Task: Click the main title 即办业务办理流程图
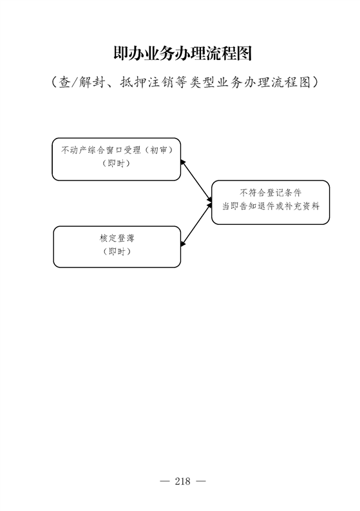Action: [x=183, y=53]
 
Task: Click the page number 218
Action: [x=182, y=481]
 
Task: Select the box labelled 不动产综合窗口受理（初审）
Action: [x=117, y=159]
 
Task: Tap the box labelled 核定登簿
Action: [x=117, y=247]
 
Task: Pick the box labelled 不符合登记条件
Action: [x=270, y=202]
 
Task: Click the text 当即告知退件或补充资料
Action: [x=270, y=206]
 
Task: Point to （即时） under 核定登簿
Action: [x=117, y=251]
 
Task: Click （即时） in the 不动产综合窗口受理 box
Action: [x=117, y=164]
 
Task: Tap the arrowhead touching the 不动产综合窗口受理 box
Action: [x=183, y=162]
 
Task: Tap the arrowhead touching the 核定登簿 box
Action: [x=183, y=244]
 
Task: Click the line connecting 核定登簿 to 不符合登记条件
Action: [x=196, y=224]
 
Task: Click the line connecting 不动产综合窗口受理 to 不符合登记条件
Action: [x=196, y=180]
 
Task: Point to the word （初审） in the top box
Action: [x=158, y=150]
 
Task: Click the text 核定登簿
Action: [x=117, y=238]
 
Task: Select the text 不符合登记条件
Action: [x=270, y=193]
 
